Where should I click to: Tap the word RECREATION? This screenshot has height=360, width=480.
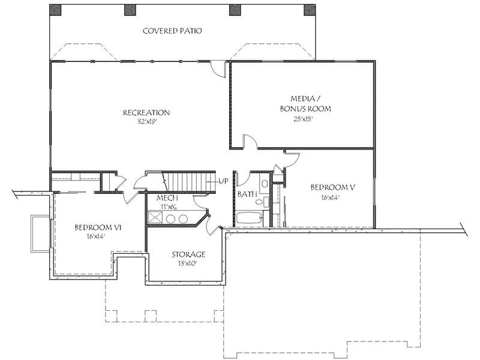(x=146, y=112)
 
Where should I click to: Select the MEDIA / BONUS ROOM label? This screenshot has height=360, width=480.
(x=305, y=104)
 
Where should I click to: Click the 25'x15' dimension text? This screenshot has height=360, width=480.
(x=305, y=119)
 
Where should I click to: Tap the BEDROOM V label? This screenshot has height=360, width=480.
(x=333, y=187)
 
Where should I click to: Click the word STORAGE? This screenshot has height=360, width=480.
(x=188, y=254)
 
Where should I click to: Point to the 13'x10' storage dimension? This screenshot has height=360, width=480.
(x=188, y=263)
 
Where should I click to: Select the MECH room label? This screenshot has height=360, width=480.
(x=166, y=197)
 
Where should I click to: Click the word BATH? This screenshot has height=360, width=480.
(x=247, y=194)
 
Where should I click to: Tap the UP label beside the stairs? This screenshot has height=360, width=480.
(x=223, y=181)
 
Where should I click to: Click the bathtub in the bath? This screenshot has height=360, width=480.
(x=249, y=219)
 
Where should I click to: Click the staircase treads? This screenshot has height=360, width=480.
(x=187, y=181)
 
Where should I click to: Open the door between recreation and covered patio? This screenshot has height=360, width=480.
(x=218, y=68)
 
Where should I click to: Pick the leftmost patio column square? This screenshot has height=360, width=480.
(x=55, y=10)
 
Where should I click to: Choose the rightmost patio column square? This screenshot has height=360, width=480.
(x=310, y=10)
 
